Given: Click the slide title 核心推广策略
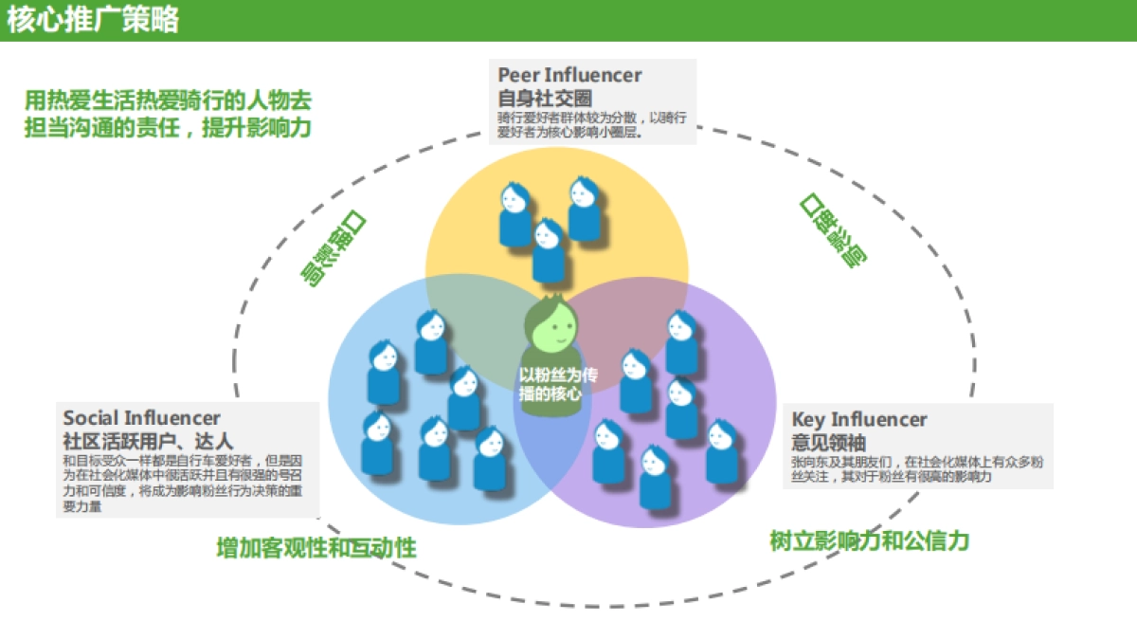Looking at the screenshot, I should (93, 20).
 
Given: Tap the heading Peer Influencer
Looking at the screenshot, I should (569, 75).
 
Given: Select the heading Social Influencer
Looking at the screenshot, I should (142, 417).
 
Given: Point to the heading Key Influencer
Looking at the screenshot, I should (859, 419).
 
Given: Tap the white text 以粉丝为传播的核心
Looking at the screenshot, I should (558, 383).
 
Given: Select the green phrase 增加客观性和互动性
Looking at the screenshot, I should (316, 548).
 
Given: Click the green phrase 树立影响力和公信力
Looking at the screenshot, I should (869, 540).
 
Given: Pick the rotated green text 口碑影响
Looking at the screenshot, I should (833, 229).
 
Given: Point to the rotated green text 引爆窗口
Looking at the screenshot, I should (334, 248).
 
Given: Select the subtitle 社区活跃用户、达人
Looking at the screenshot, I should (148, 441).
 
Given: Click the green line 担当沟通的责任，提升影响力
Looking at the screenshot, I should (168, 127).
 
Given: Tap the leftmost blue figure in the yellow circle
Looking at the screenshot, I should (514, 213).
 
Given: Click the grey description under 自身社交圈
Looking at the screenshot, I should (592, 125).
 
